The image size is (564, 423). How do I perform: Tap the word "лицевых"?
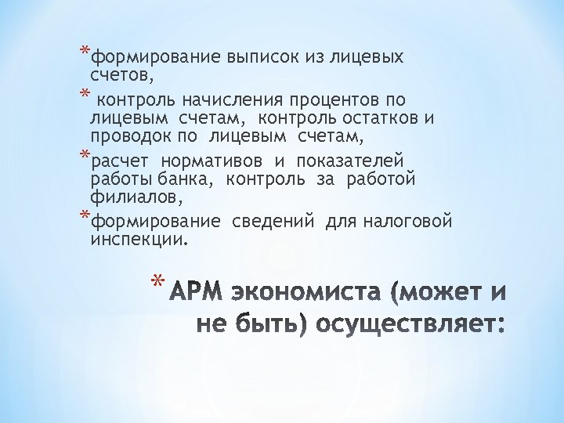367,57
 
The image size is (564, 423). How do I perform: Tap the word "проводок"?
126,137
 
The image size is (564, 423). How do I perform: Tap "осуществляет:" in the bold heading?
405,324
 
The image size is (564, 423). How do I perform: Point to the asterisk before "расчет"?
85,156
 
